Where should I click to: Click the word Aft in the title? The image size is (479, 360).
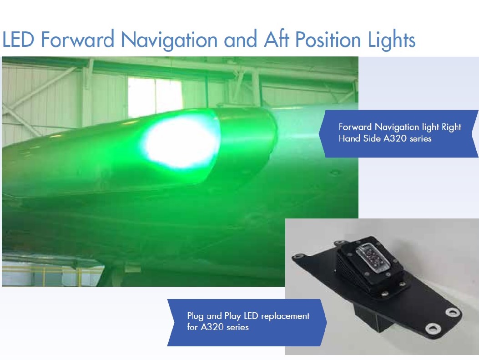point(277,39)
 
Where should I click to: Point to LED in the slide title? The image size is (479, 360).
point(18,40)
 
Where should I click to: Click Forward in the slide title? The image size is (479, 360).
point(78,40)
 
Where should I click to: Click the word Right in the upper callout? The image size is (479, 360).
point(452,127)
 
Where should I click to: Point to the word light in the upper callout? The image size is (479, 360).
point(430,127)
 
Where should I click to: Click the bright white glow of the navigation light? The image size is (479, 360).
point(182,142)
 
